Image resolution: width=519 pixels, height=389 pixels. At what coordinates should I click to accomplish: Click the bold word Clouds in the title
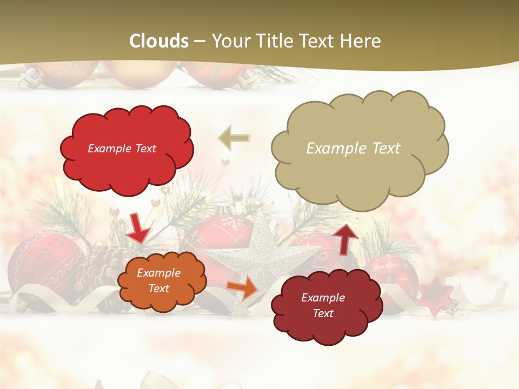pos(159,41)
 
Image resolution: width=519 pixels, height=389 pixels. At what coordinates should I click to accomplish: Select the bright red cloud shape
pos(127,149)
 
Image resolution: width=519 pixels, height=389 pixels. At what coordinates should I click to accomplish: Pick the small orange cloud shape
pos(162,280)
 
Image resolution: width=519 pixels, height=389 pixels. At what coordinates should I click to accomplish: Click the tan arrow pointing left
pos(234,138)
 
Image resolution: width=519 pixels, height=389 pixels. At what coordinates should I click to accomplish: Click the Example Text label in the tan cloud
pos(353,149)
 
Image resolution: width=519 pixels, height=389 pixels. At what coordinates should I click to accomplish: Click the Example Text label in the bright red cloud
pos(122,149)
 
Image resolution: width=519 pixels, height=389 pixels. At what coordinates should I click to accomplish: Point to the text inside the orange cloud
pos(159,281)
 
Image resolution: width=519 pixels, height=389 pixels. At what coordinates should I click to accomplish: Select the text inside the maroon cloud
pos(323,305)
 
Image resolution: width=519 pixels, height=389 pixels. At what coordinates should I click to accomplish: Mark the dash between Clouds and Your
pos(199,41)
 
